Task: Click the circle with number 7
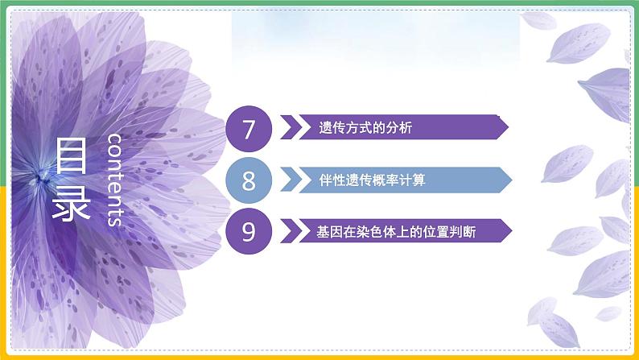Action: tap(248, 128)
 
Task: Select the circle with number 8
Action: tap(248, 180)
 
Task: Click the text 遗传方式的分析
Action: tap(354, 128)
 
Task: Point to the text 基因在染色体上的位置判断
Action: tap(385, 232)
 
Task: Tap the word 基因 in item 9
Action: tap(328, 232)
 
